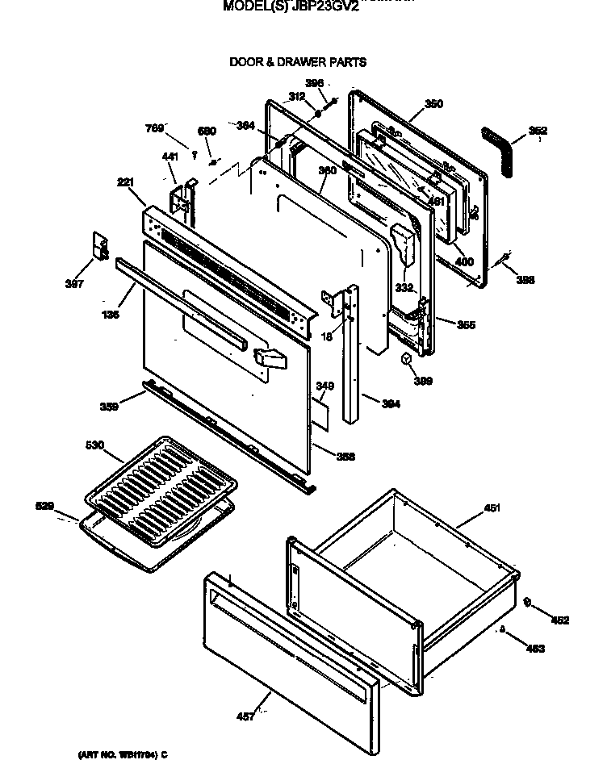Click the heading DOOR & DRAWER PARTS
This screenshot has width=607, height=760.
click(x=298, y=61)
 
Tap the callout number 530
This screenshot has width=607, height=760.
click(x=95, y=445)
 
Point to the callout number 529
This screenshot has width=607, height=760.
click(x=46, y=506)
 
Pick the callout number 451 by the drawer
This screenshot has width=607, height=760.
click(x=492, y=508)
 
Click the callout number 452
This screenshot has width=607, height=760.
click(x=560, y=620)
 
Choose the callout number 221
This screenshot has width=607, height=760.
click(x=125, y=183)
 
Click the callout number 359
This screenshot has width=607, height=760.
click(x=109, y=407)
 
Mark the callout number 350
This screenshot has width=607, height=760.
click(x=433, y=103)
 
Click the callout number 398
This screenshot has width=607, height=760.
click(x=525, y=280)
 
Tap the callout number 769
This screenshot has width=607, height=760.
click(x=154, y=127)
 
